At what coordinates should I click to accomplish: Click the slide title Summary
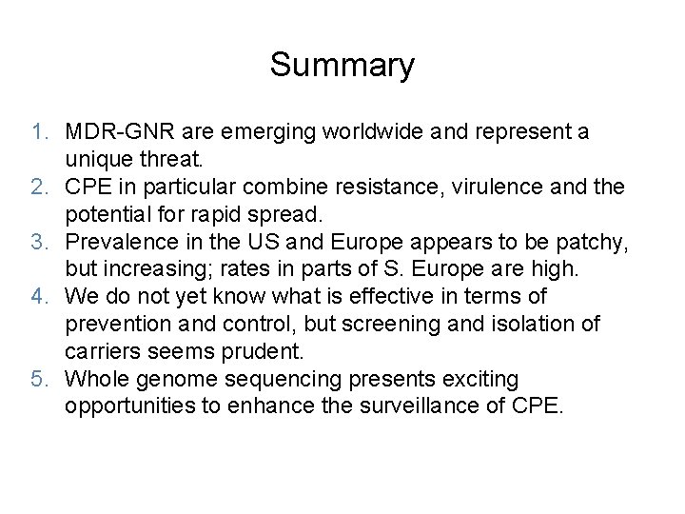point(342,66)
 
